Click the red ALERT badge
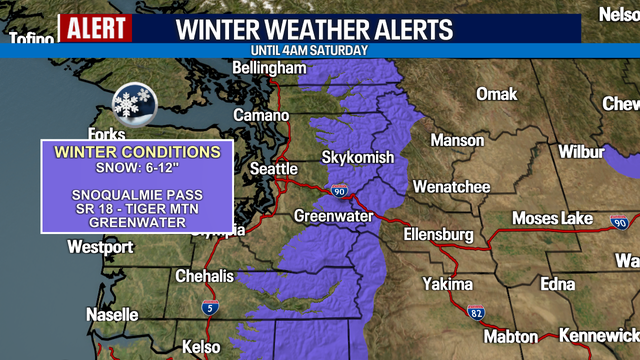click(x=97, y=28)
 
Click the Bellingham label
click(x=269, y=68)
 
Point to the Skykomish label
click(x=357, y=158)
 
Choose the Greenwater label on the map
click(x=333, y=216)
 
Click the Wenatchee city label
click(x=451, y=187)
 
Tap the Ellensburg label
click(x=438, y=234)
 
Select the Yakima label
click(x=446, y=284)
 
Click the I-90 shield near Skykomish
click(x=338, y=190)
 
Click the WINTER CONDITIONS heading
click(x=137, y=152)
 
